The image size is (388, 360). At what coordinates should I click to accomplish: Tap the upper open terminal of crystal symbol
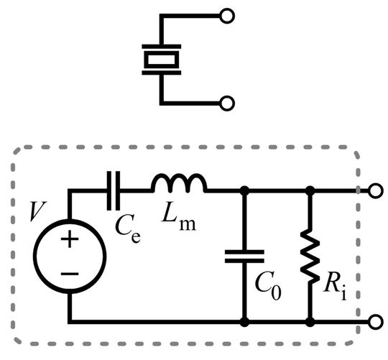tap(227, 15)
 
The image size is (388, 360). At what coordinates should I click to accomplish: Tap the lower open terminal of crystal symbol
tap(227, 103)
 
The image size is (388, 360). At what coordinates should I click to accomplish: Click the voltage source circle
tap(70, 256)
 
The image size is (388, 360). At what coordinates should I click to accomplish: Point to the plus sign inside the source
tap(70, 240)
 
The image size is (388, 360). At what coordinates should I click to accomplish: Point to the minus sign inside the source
tap(70, 274)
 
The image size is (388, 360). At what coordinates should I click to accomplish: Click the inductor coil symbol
tap(180, 185)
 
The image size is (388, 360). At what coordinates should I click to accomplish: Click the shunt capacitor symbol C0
tap(244, 255)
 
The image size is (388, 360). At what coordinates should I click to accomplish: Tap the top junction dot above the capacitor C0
tap(244, 191)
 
